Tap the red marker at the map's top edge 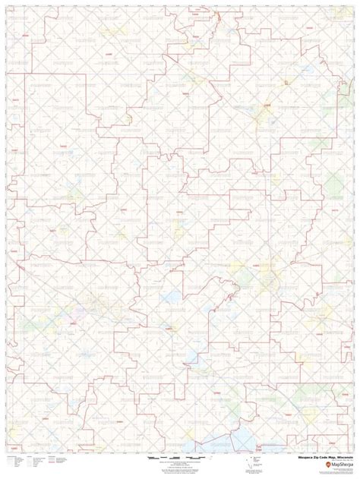tap(217, 15)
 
